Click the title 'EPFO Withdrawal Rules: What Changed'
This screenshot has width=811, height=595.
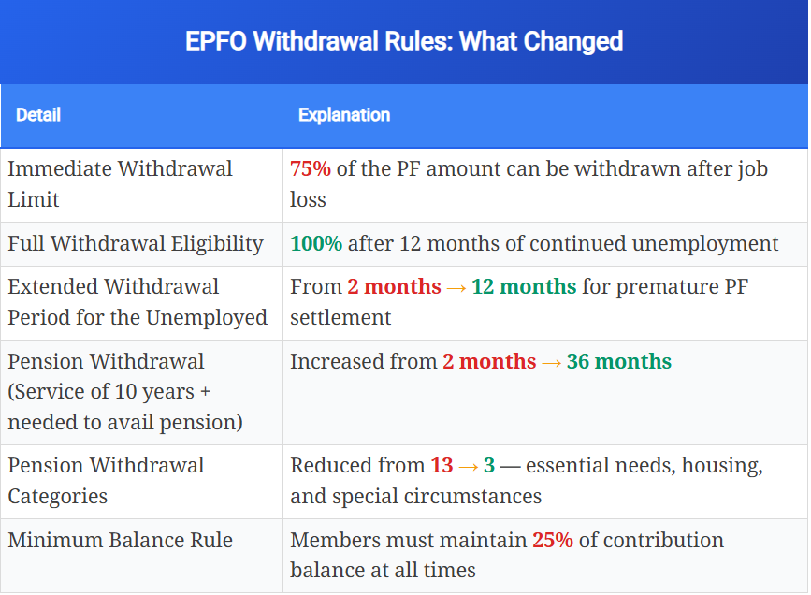[404, 42]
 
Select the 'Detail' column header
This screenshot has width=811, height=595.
[38, 115]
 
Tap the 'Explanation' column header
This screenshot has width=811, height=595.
[344, 115]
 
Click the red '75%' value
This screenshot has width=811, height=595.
[311, 169]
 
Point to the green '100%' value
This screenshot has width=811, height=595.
[316, 244]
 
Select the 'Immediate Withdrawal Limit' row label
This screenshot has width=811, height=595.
[121, 183]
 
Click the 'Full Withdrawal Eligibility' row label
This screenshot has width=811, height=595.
[136, 244]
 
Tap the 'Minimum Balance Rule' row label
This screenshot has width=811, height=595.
[121, 541]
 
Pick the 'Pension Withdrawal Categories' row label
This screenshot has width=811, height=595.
[107, 480]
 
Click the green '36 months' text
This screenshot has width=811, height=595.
[619, 361]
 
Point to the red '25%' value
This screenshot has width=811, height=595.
[553, 541]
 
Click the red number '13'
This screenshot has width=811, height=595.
[442, 465]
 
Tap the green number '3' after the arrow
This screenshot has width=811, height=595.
[489, 465]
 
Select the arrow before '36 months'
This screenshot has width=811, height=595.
[552, 361]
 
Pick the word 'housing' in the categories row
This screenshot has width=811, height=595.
[729, 465]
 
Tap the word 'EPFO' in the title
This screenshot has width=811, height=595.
[216, 42]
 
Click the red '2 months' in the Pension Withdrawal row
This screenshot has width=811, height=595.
[489, 361]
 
